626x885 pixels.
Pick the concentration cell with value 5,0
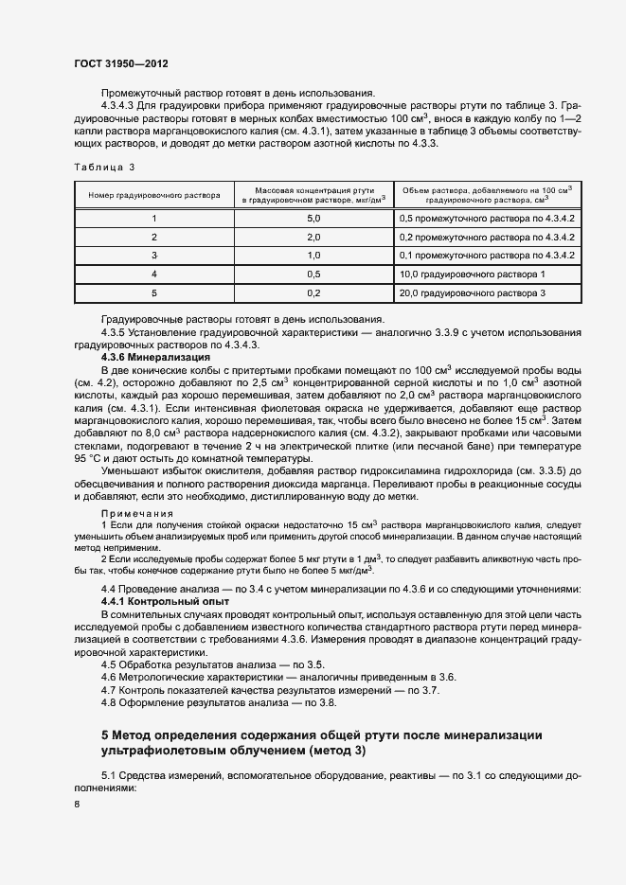(x=313, y=219)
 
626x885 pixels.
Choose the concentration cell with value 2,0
(x=313, y=238)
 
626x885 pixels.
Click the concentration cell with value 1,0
(x=313, y=256)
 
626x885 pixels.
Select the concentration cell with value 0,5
(x=313, y=274)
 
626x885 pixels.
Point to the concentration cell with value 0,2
(x=313, y=293)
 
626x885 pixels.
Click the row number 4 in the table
(x=154, y=274)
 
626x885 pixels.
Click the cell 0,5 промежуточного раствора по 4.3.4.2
(x=488, y=219)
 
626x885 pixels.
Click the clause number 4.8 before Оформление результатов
(x=108, y=702)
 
